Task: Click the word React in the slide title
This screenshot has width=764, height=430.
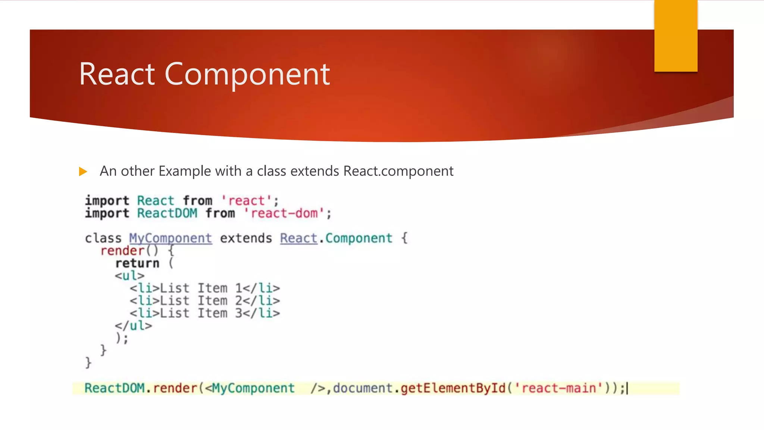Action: click(117, 74)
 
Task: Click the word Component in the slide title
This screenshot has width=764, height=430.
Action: click(247, 74)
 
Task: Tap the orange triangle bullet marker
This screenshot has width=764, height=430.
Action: click(83, 172)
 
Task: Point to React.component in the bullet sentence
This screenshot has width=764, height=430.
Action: click(398, 171)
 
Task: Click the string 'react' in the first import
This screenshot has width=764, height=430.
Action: click(247, 201)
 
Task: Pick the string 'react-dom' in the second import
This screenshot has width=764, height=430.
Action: click(284, 214)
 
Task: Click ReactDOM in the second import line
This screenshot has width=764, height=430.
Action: click(167, 214)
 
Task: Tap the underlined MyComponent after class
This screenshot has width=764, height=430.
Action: click(170, 238)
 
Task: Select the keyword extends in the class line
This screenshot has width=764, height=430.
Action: click(246, 238)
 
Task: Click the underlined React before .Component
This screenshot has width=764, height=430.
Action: click(298, 238)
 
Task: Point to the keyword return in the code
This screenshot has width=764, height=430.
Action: click(137, 263)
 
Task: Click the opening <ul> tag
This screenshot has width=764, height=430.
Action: click(129, 276)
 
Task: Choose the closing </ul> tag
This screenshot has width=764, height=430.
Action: click(133, 325)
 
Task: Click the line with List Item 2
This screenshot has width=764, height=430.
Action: click(205, 300)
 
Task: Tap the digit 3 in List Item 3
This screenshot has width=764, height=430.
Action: click(239, 313)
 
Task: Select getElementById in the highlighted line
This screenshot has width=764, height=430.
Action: click(453, 388)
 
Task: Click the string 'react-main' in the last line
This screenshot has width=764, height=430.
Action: click(558, 388)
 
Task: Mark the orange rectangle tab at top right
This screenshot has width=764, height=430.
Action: click(676, 36)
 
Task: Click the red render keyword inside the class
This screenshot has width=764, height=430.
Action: click(122, 251)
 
